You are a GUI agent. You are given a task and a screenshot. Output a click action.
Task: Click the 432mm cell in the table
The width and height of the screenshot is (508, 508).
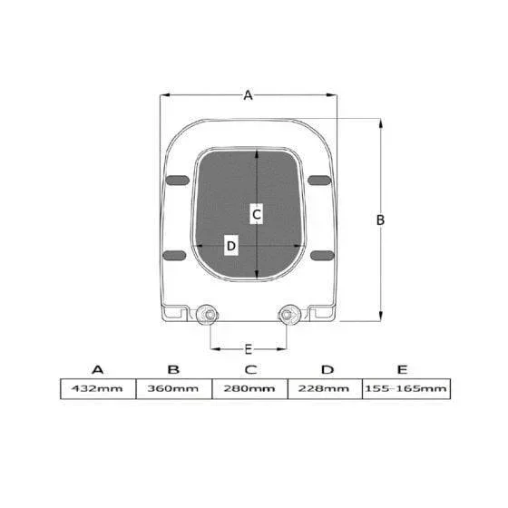(98, 389)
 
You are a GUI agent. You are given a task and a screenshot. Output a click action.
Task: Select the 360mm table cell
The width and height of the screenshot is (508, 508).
(173, 389)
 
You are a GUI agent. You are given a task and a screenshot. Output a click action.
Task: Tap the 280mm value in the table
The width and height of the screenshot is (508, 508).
(249, 389)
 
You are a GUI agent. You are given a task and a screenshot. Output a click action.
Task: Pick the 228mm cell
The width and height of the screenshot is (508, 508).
(325, 389)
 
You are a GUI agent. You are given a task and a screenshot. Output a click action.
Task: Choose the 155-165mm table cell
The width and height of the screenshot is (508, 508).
(406, 389)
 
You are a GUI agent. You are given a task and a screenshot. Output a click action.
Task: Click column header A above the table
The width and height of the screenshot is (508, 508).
(98, 370)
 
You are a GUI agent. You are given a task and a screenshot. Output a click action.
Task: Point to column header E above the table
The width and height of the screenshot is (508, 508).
(402, 370)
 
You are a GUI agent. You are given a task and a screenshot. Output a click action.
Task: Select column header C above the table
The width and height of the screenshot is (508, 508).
(250, 370)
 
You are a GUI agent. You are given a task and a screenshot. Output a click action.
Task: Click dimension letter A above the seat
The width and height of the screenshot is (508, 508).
(248, 95)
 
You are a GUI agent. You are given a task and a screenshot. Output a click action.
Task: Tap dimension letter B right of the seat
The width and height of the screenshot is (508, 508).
(380, 220)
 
